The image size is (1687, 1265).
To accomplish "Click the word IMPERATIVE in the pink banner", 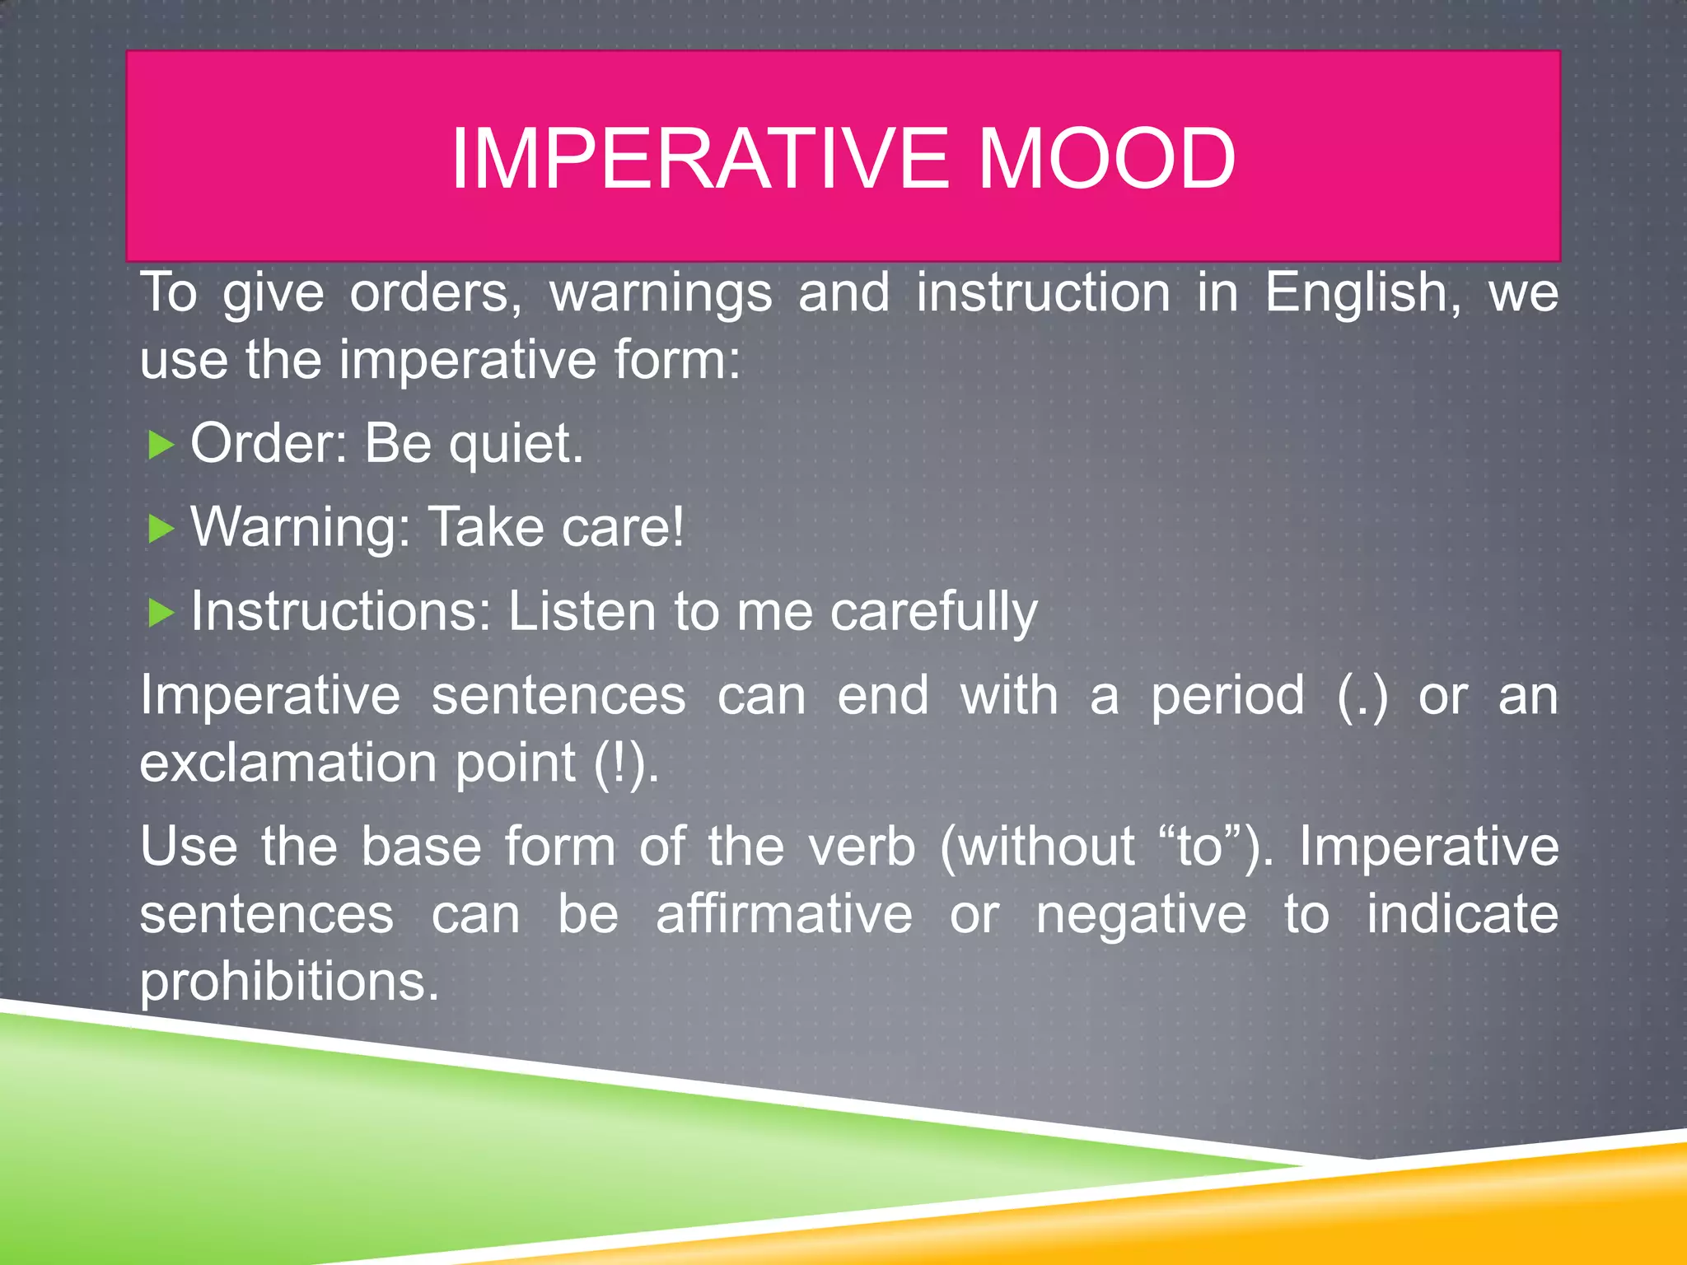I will (700, 158).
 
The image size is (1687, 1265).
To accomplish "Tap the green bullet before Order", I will (161, 446).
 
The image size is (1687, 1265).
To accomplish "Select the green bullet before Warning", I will (161, 529).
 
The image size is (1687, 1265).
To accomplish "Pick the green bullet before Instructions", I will (161, 613).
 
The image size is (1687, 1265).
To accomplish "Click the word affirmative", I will (784, 915).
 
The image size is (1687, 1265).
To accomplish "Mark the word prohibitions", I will (288, 983).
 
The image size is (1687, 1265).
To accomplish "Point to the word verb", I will (862, 847).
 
